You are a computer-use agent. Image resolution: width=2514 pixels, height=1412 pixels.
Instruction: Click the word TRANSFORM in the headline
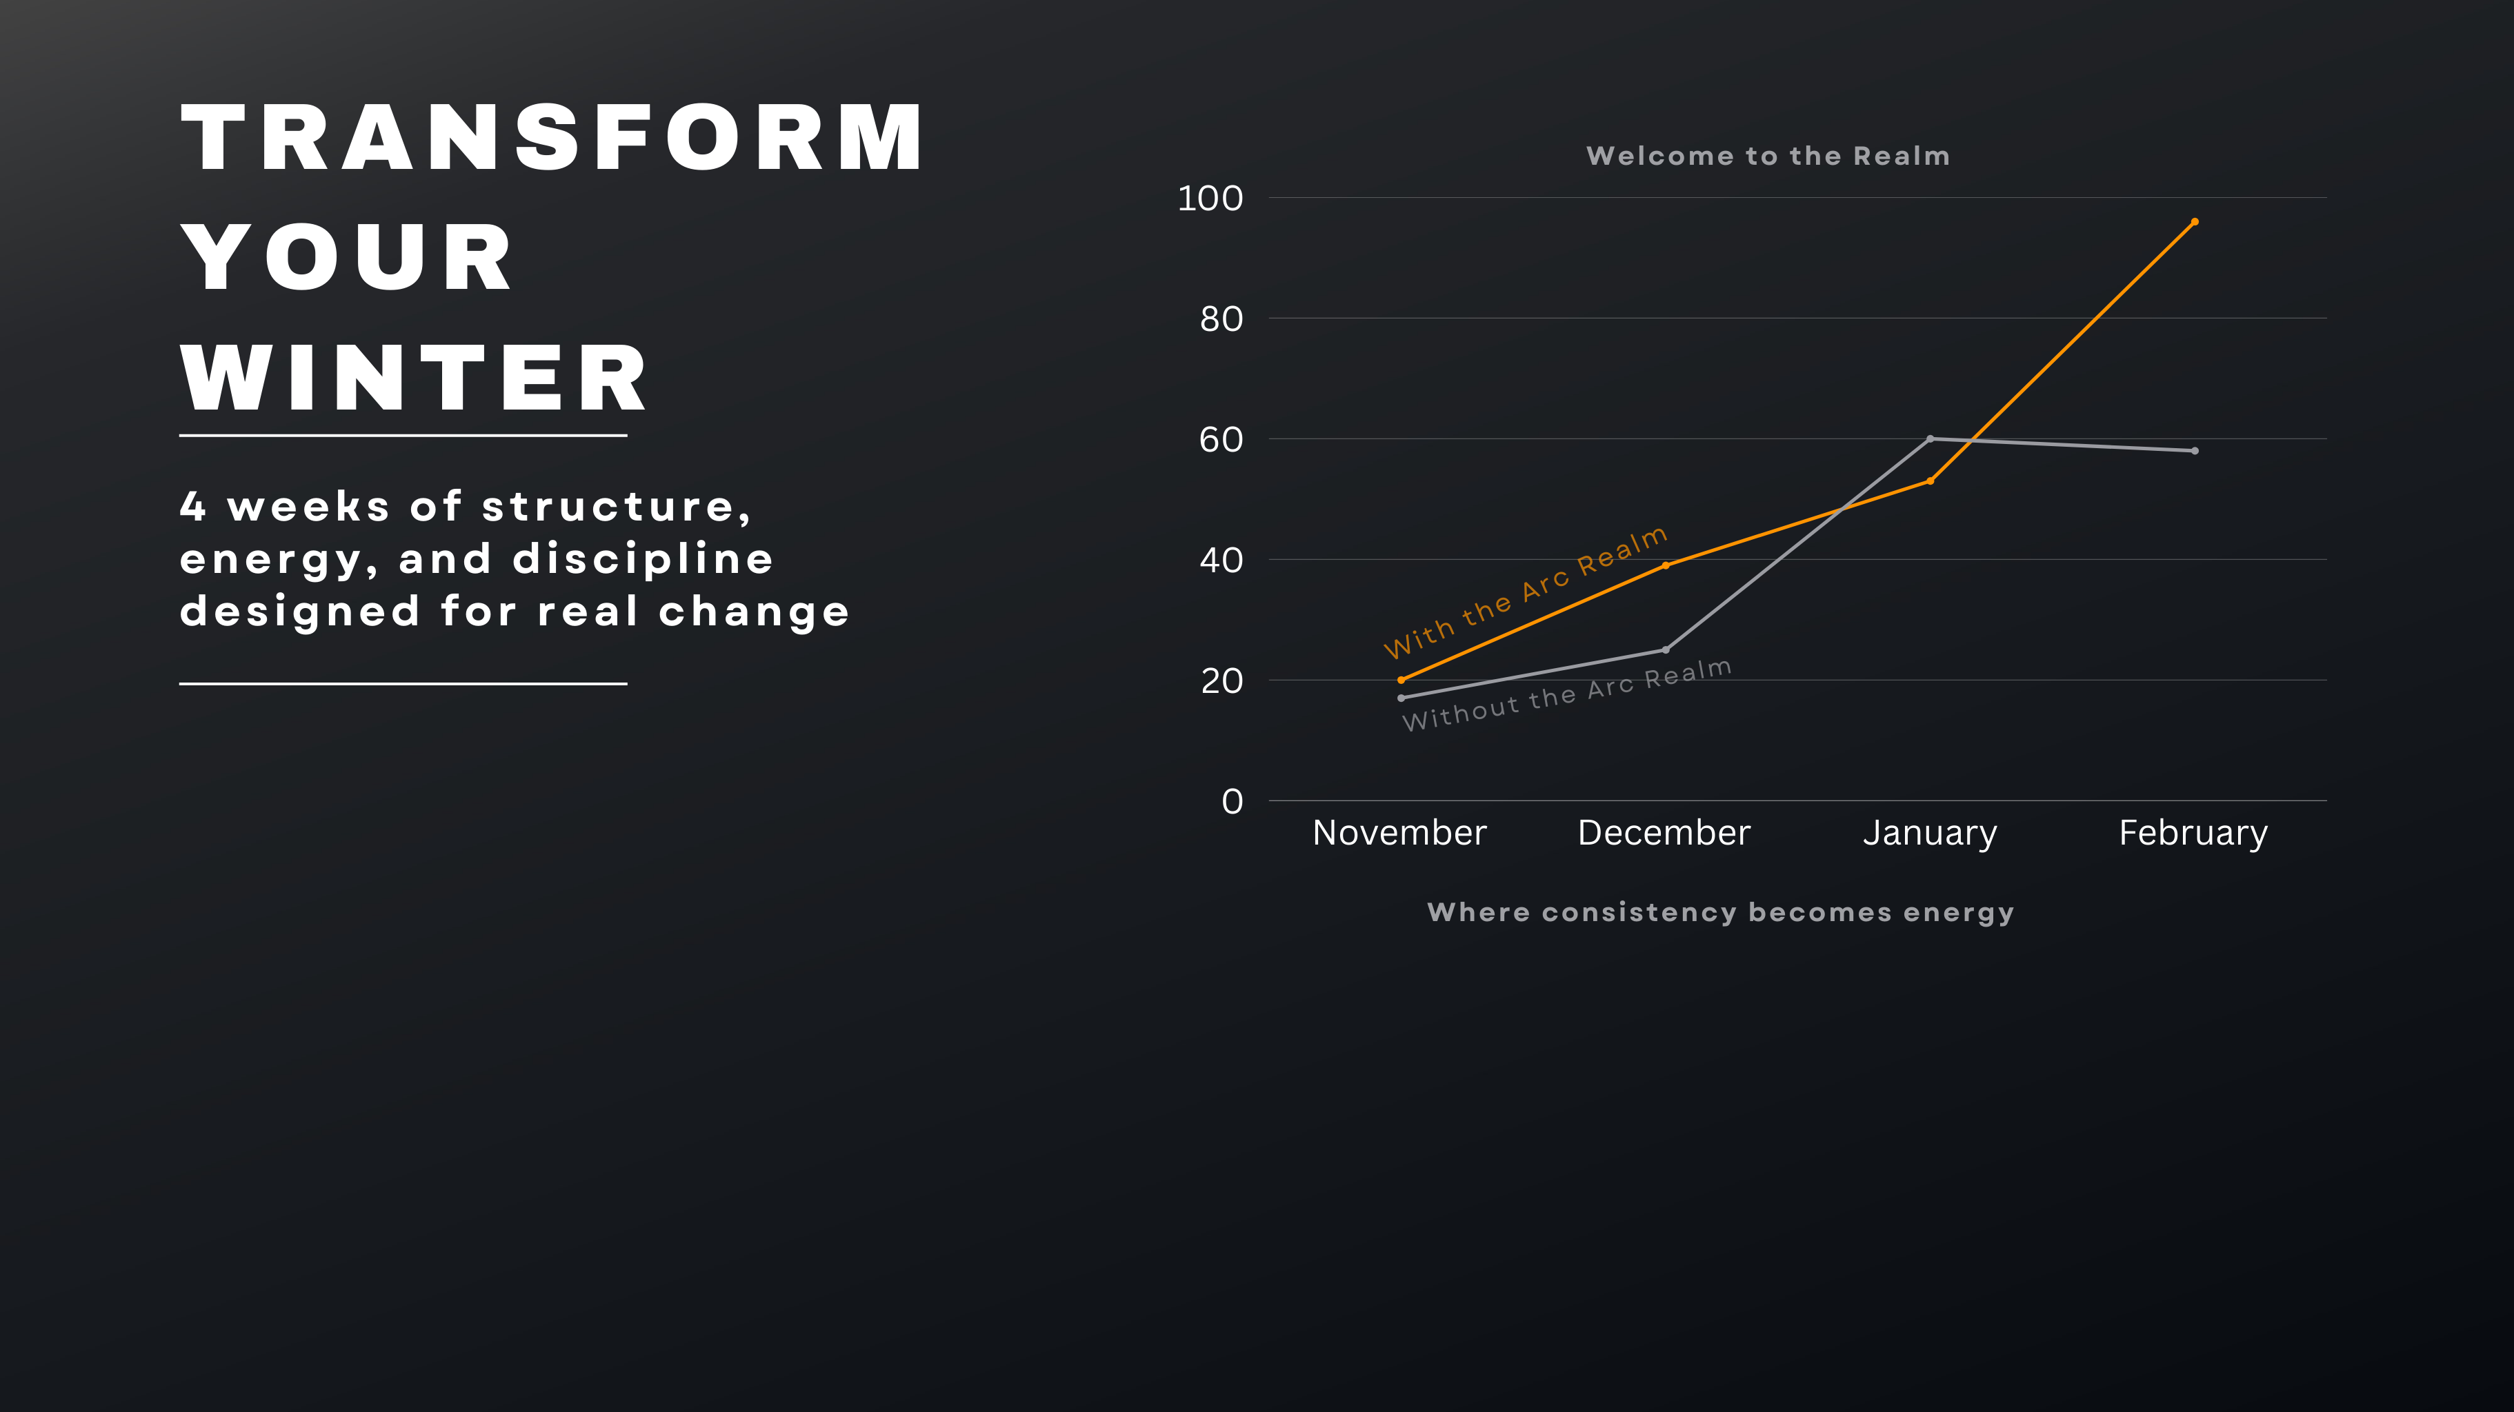[552, 138]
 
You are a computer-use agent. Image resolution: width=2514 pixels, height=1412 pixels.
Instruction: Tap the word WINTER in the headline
[414, 378]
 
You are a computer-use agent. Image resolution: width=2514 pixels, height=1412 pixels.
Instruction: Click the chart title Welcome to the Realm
[1768, 156]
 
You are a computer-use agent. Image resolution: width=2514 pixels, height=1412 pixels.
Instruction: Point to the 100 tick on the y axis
[1210, 198]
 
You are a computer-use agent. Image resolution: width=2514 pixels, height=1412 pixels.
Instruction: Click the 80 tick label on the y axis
[1221, 319]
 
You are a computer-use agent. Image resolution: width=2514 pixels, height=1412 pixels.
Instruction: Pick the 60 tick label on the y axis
[1221, 440]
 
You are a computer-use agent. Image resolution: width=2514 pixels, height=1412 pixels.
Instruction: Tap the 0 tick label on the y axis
[1233, 802]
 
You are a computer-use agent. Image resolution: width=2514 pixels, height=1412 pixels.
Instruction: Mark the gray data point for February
[2195, 451]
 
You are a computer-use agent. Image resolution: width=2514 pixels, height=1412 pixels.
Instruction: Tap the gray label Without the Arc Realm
[1567, 695]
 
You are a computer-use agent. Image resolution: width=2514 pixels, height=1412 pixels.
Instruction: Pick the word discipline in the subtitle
[643, 559]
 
